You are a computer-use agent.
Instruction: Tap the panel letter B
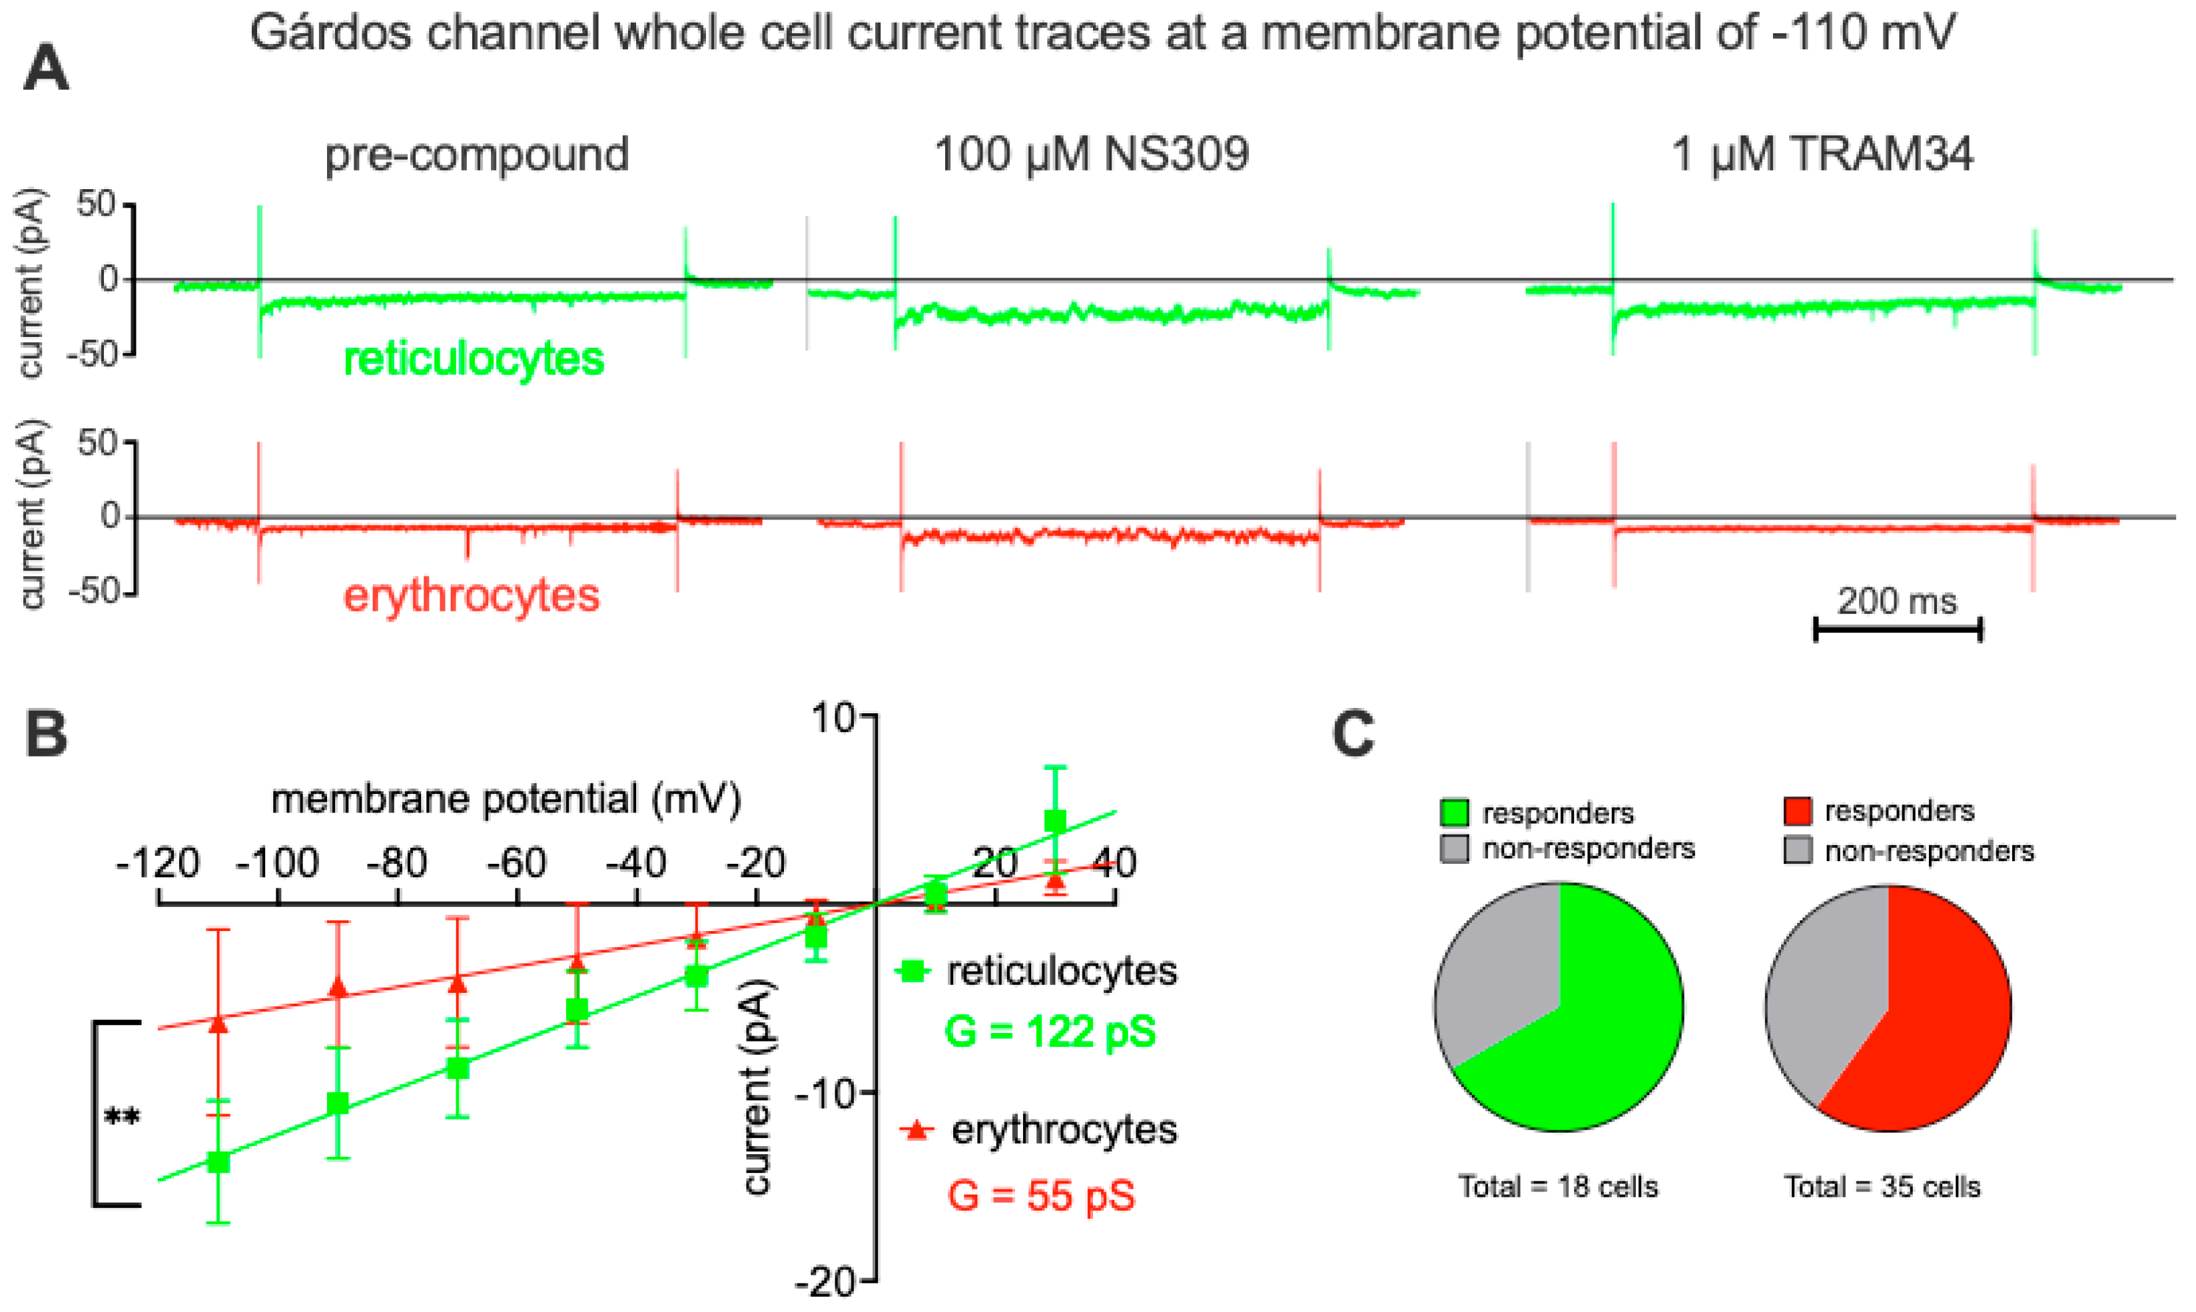(x=46, y=735)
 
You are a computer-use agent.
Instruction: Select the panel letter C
(x=1353, y=735)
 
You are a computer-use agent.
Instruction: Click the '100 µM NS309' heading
(x=1092, y=155)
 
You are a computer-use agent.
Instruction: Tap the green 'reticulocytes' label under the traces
(x=474, y=359)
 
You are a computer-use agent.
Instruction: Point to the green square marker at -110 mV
(x=218, y=1161)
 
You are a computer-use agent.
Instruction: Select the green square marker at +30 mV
(x=1054, y=821)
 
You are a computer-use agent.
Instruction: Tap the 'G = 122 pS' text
(x=1049, y=1032)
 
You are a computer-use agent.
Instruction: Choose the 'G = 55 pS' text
(x=1040, y=1196)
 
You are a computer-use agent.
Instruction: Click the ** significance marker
(x=122, y=1117)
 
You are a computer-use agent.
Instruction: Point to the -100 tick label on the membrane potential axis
(x=278, y=863)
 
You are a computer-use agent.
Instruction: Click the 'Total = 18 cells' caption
(x=1558, y=1186)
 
